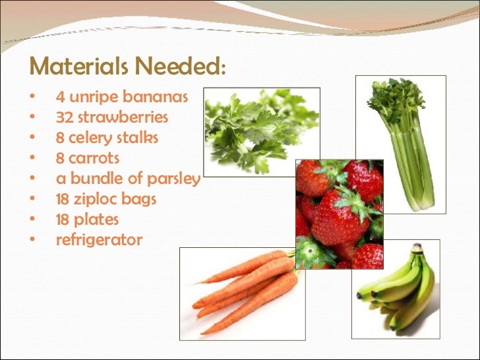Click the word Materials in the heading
pos(79,67)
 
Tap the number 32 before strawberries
pos(64,117)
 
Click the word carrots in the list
pos(94,158)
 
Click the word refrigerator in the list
pos(99,240)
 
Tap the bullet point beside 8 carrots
pos(32,159)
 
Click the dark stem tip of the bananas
pos(417,249)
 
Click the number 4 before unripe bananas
pos(60,97)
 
